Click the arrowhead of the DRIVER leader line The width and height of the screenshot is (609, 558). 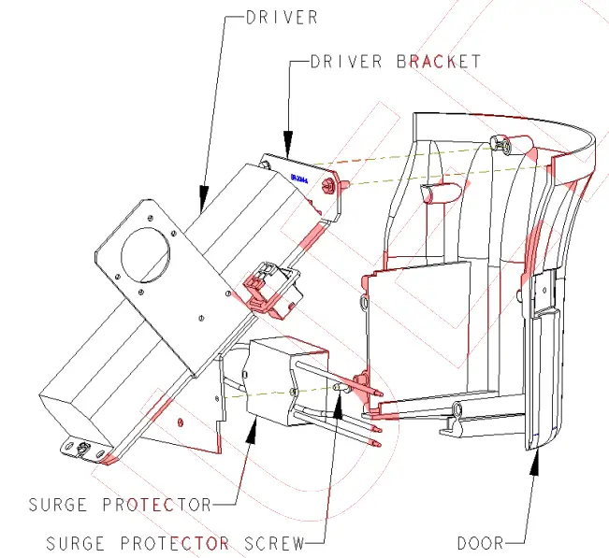coord(201,202)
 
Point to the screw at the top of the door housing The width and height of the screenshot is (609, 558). coord(504,145)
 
